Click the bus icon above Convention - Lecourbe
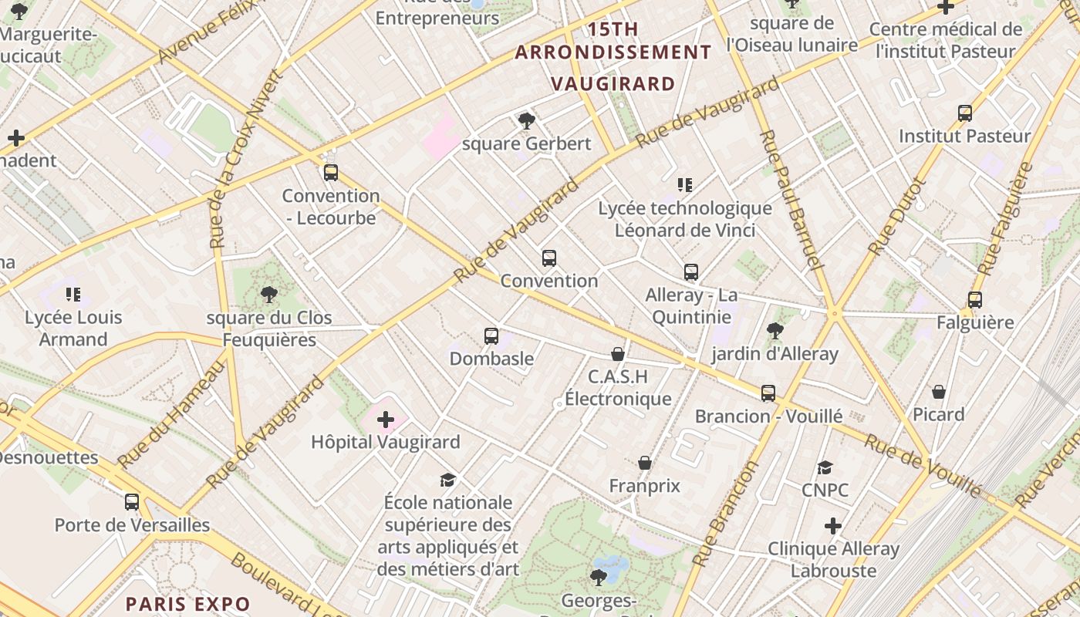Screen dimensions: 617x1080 pos(331,173)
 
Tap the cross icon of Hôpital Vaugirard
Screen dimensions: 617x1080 pos(386,420)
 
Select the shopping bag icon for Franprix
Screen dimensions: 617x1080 pos(645,463)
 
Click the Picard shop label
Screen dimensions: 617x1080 pos(939,414)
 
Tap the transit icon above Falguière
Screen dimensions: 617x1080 pos(975,300)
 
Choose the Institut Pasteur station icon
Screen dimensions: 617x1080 pos(964,113)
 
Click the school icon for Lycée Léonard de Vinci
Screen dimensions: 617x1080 pos(685,185)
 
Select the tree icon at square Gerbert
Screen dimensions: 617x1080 pos(527,120)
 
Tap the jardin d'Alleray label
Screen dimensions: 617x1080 pos(775,354)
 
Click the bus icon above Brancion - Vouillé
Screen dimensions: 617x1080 pos(768,393)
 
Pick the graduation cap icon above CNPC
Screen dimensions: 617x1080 pos(825,467)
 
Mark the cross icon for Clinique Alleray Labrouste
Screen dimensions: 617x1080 pos(833,526)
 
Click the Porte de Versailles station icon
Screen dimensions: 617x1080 pos(132,502)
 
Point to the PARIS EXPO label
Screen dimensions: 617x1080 pos(188,604)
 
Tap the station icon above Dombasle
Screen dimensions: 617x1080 pos(491,336)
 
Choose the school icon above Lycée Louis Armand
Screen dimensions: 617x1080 pos(73,294)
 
